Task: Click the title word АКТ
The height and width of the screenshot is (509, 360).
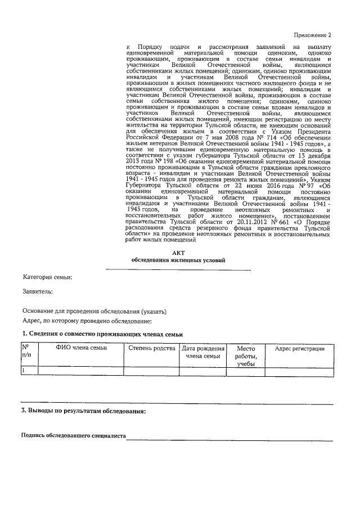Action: (178, 253)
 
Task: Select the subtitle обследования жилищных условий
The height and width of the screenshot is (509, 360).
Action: (178, 261)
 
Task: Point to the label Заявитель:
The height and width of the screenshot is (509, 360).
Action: (38, 291)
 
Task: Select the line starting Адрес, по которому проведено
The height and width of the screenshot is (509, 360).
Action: (87, 321)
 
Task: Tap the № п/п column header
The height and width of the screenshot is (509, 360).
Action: (26, 352)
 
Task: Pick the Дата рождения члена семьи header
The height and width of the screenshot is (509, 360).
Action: (202, 352)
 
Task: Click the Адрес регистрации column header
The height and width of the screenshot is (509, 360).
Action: (299, 349)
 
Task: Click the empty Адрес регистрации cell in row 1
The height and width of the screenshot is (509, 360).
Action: (299, 371)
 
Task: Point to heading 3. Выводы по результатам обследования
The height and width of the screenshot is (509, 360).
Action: (83, 411)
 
